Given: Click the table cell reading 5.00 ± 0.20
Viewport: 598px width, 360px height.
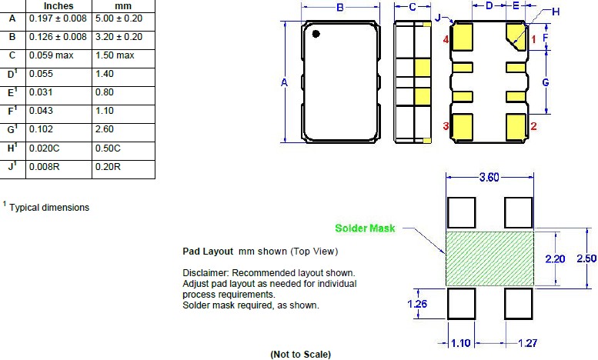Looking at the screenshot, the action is click(119, 18).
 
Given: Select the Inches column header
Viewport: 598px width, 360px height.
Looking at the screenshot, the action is click(58, 6).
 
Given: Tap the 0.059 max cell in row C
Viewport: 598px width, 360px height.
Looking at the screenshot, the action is click(51, 55).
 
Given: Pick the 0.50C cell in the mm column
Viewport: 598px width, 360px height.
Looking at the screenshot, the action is click(108, 148).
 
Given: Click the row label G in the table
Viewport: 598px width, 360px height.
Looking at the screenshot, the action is click(11, 130).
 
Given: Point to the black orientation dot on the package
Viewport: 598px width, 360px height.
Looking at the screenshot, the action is click(316, 34).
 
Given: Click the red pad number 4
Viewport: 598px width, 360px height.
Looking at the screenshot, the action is click(446, 39).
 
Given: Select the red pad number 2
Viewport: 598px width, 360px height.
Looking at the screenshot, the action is click(533, 126).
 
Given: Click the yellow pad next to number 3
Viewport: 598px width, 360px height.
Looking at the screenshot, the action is click(463, 127).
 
